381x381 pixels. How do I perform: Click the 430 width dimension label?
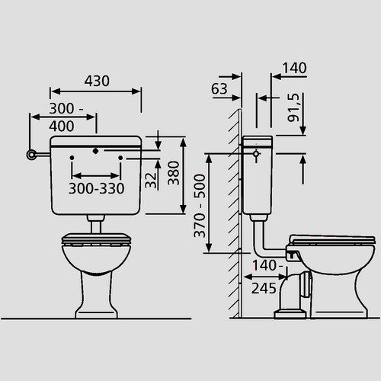click(97, 81)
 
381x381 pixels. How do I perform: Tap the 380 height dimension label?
click(174, 173)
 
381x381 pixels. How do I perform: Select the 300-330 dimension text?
click(97, 188)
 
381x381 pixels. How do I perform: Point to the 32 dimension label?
click(150, 181)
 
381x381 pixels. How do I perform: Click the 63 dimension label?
click(219, 89)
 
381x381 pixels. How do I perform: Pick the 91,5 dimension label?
click(293, 107)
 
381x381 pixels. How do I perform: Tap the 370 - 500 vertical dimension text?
click(200, 206)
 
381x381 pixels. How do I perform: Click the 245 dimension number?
click(264, 288)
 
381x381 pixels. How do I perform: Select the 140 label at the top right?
click(294, 68)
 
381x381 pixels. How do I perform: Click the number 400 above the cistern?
click(62, 126)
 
